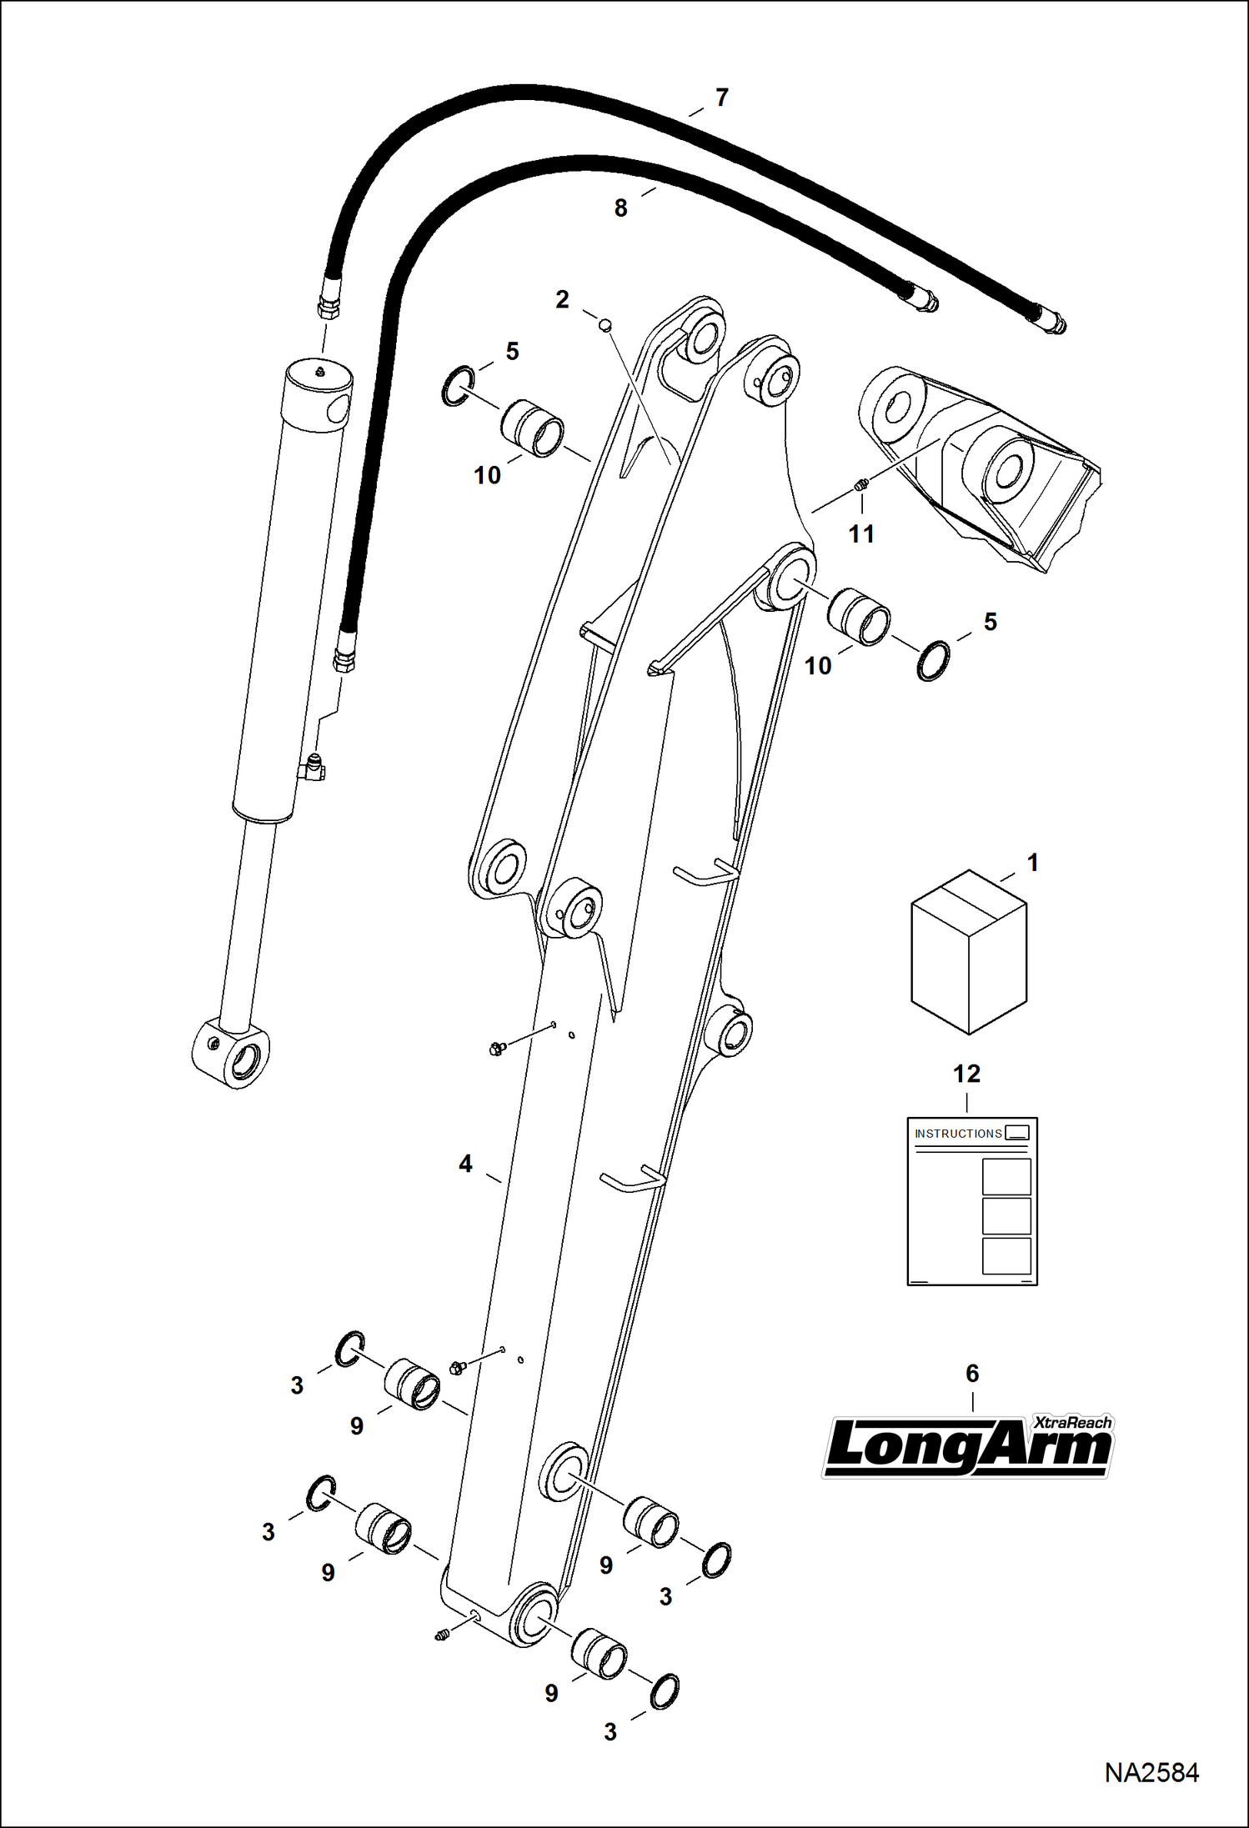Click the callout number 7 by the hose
[x=722, y=98]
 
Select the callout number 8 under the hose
[x=620, y=208]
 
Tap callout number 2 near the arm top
[x=562, y=300]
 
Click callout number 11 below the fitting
[x=861, y=533]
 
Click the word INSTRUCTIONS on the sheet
[x=958, y=1134]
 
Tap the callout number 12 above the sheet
[x=966, y=1074]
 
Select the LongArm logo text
[x=967, y=1450]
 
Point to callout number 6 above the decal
[x=972, y=1373]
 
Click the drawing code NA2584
[x=1151, y=1773]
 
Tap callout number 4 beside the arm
[x=465, y=1164]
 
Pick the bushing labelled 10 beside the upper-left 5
[x=532, y=428]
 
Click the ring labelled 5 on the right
[x=931, y=660]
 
